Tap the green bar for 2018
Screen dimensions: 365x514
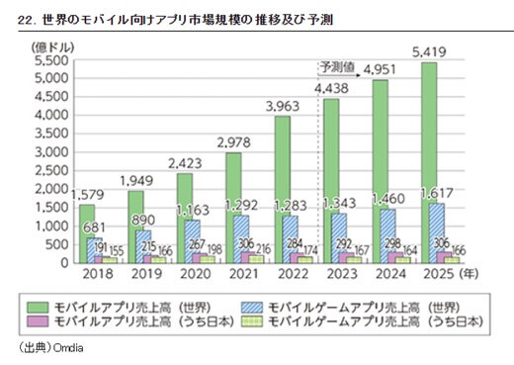(87, 233)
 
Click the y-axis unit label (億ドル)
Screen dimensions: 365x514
(50, 46)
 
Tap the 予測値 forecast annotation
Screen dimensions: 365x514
(335, 66)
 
